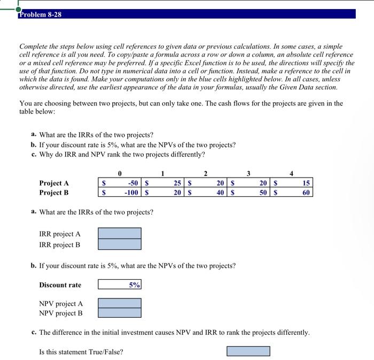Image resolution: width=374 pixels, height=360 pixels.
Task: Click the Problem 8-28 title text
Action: point(40,14)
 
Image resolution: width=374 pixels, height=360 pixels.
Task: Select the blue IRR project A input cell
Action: point(120,233)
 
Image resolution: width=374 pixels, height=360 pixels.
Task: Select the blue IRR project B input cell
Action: point(120,244)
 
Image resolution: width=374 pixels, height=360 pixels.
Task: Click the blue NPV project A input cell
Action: point(120,303)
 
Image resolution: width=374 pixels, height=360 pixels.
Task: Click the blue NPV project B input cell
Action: point(120,313)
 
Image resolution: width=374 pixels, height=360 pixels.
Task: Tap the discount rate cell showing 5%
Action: point(120,285)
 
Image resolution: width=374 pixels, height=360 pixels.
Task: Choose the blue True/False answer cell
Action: point(248,351)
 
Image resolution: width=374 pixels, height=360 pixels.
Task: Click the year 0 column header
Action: point(120,173)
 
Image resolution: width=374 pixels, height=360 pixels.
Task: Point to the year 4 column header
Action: point(291,173)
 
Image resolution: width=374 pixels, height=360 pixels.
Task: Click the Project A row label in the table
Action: point(54,183)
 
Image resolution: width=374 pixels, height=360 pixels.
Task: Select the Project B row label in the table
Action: point(54,193)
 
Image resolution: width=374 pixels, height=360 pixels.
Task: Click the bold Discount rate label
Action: point(60,285)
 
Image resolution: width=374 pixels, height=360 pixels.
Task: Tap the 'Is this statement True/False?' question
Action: point(81,352)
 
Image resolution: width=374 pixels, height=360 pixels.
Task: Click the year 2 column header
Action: point(205,173)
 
